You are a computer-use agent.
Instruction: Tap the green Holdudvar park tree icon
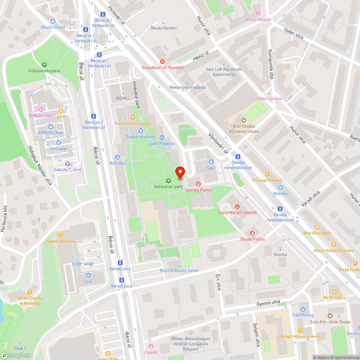[x=168, y=181]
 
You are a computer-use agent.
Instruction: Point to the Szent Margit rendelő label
[x=237, y=212]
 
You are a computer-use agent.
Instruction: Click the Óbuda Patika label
[x=252, y=239]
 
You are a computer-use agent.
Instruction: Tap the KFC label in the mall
[x=61, y=117]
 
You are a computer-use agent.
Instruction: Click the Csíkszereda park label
[x=44, y=71]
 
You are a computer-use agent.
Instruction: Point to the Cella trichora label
[x=269, y=99]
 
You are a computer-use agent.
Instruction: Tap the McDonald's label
[x=334, y=297]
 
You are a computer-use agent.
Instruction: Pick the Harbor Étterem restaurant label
[x=61, y=241]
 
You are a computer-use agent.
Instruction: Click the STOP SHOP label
[x=83, y=264]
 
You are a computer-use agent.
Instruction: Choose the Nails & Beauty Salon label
[x=179, y=270]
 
